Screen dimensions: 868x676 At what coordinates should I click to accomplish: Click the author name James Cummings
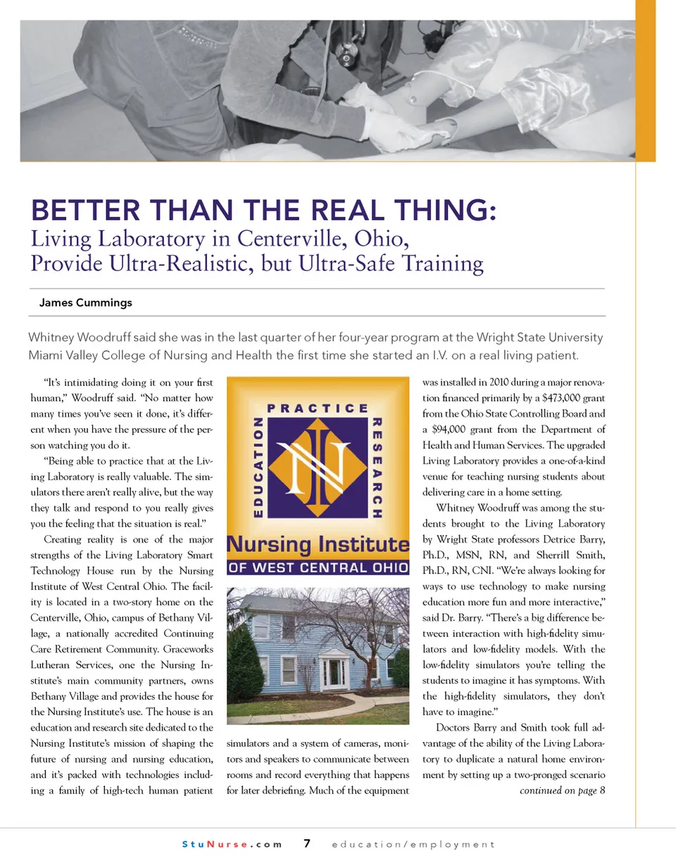(85, 303)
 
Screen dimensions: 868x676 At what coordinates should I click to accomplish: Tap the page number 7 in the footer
(307, 843)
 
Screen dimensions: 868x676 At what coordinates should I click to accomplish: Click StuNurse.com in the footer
(232, 844)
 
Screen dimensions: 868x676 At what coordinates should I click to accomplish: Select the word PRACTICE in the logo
(318, 408)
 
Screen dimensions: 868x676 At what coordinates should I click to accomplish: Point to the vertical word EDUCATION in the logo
(258, 467)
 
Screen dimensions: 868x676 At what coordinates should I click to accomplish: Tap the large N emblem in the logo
(318, 467)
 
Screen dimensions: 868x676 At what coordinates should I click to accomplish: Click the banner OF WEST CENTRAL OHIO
(318, 567)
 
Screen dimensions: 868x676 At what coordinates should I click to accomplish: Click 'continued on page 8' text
(562, 791)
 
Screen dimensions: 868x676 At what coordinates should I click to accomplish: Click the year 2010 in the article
(499, 382)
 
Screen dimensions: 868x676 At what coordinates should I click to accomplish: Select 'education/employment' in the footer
(413, 844)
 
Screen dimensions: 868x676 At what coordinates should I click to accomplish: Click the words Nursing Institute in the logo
(318, 544)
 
